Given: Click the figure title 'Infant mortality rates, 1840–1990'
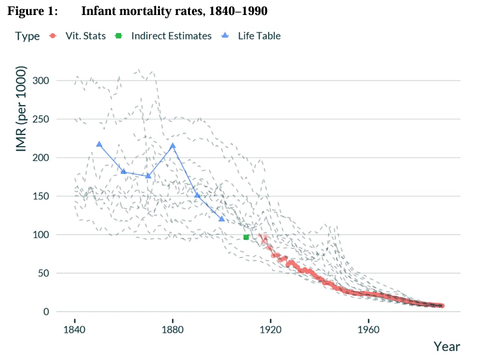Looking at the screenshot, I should tap(174, 12).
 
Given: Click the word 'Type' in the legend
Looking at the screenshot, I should tap(27, 36).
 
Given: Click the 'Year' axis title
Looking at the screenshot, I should tap(447, 346).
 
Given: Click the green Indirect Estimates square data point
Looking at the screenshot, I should tap(246, 237).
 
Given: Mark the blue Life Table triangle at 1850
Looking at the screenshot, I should tap(99, 144).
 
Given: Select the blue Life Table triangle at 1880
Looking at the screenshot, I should tap(173, 146).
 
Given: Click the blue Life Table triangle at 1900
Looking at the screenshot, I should tap(222, 219).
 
